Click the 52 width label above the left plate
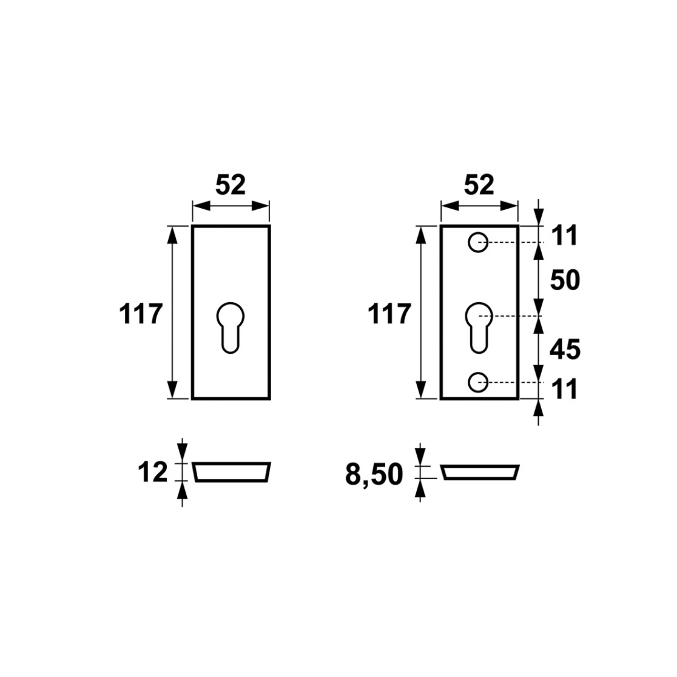tap(231, 185)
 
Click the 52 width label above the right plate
tap(479, 185)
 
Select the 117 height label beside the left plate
tap(141, 314)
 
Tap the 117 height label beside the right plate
tap(389, 314)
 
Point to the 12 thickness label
tap(152, 473)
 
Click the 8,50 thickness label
tap(374, 475)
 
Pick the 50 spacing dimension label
tap(565, 280)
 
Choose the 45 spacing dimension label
tap(565, 350)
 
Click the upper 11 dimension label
tap(564, 236)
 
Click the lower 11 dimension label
tap(564, 389)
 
